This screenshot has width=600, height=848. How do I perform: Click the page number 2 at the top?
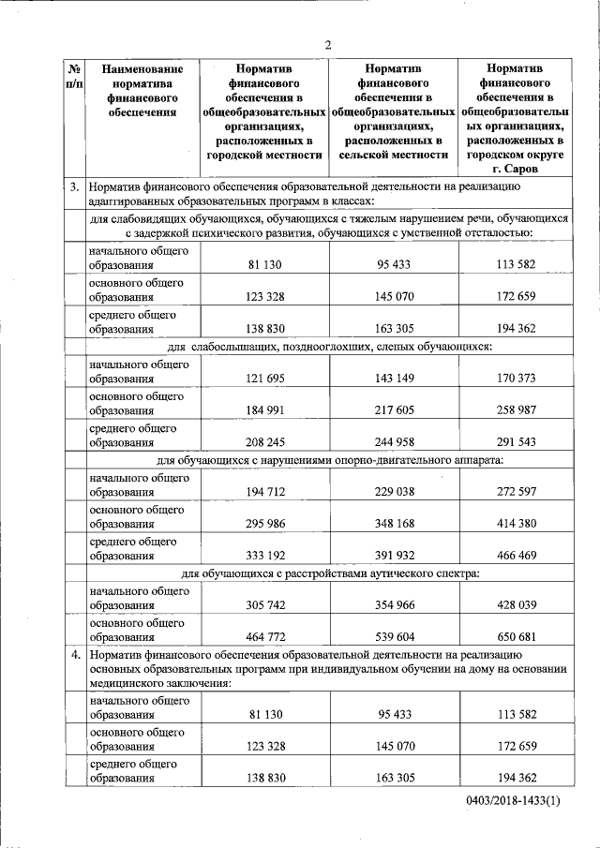pos(329,44)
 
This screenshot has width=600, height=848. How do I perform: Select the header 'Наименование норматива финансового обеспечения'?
pos(142,91)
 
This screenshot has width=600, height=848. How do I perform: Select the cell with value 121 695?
pos(266,378)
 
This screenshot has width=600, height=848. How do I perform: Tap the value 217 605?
pos(395,410)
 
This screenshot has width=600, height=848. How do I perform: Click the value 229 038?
pos(395,492)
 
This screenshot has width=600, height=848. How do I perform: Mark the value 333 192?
pos(266,556)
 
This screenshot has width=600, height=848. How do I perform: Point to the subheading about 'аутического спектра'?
pos(330,573)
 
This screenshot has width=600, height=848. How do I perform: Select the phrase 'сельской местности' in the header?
pos(394,155)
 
